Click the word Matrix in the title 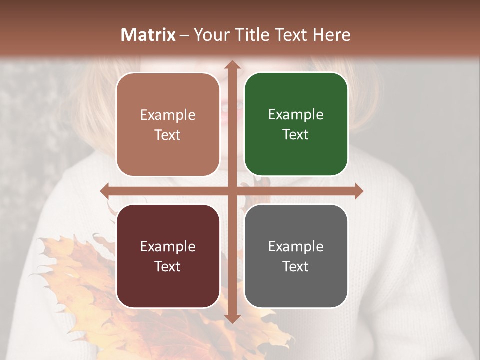(x=148, y=35)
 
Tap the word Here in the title (x=332, y=35)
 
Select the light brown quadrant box (x=168, y=125)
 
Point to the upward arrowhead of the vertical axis (x=232, y=64)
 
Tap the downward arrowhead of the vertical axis (x=232, y=318)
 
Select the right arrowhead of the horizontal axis (x=359, y=191)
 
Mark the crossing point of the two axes (x=232, y=191)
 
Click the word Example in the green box (x=296, y=115)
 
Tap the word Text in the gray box (x=296, y=266)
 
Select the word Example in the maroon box (x=168, y=246)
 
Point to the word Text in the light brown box (x=168, y=135)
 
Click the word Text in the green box (x=296, y=135)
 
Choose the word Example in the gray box (x=296, y=246)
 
